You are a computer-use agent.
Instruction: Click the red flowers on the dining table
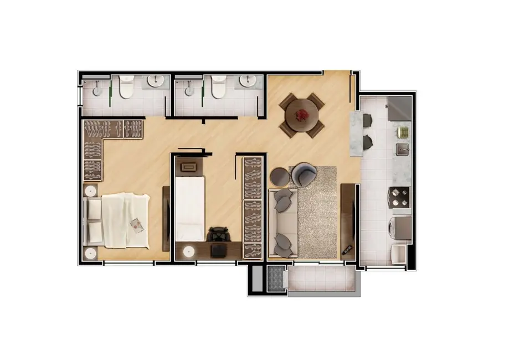point(302,115)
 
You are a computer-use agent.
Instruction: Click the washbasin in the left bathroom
point(156,82)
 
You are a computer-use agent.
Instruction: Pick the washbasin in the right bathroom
point(248,81)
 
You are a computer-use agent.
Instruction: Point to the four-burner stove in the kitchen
point(400,197)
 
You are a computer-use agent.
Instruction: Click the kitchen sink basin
point(403,148)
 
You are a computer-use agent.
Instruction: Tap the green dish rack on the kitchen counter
point(403,132)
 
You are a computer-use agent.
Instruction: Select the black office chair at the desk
point(219,234)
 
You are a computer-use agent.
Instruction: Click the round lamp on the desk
point(189,251)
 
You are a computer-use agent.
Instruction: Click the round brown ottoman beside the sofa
point(279,177)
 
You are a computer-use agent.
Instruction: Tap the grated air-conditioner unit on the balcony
point(275,279)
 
